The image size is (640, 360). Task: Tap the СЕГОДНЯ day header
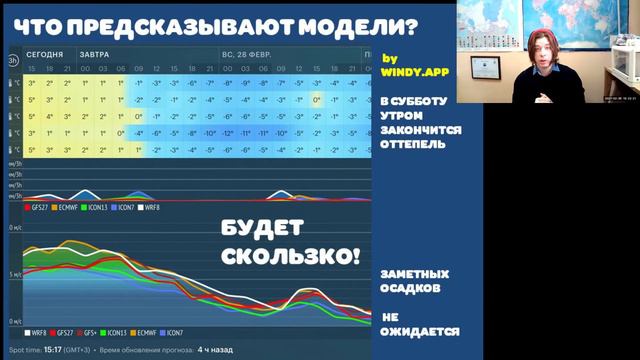[x=45, y=54]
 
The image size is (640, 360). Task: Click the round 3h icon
[x=13, y=60]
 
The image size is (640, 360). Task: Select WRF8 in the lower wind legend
[x=37, y=331]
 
